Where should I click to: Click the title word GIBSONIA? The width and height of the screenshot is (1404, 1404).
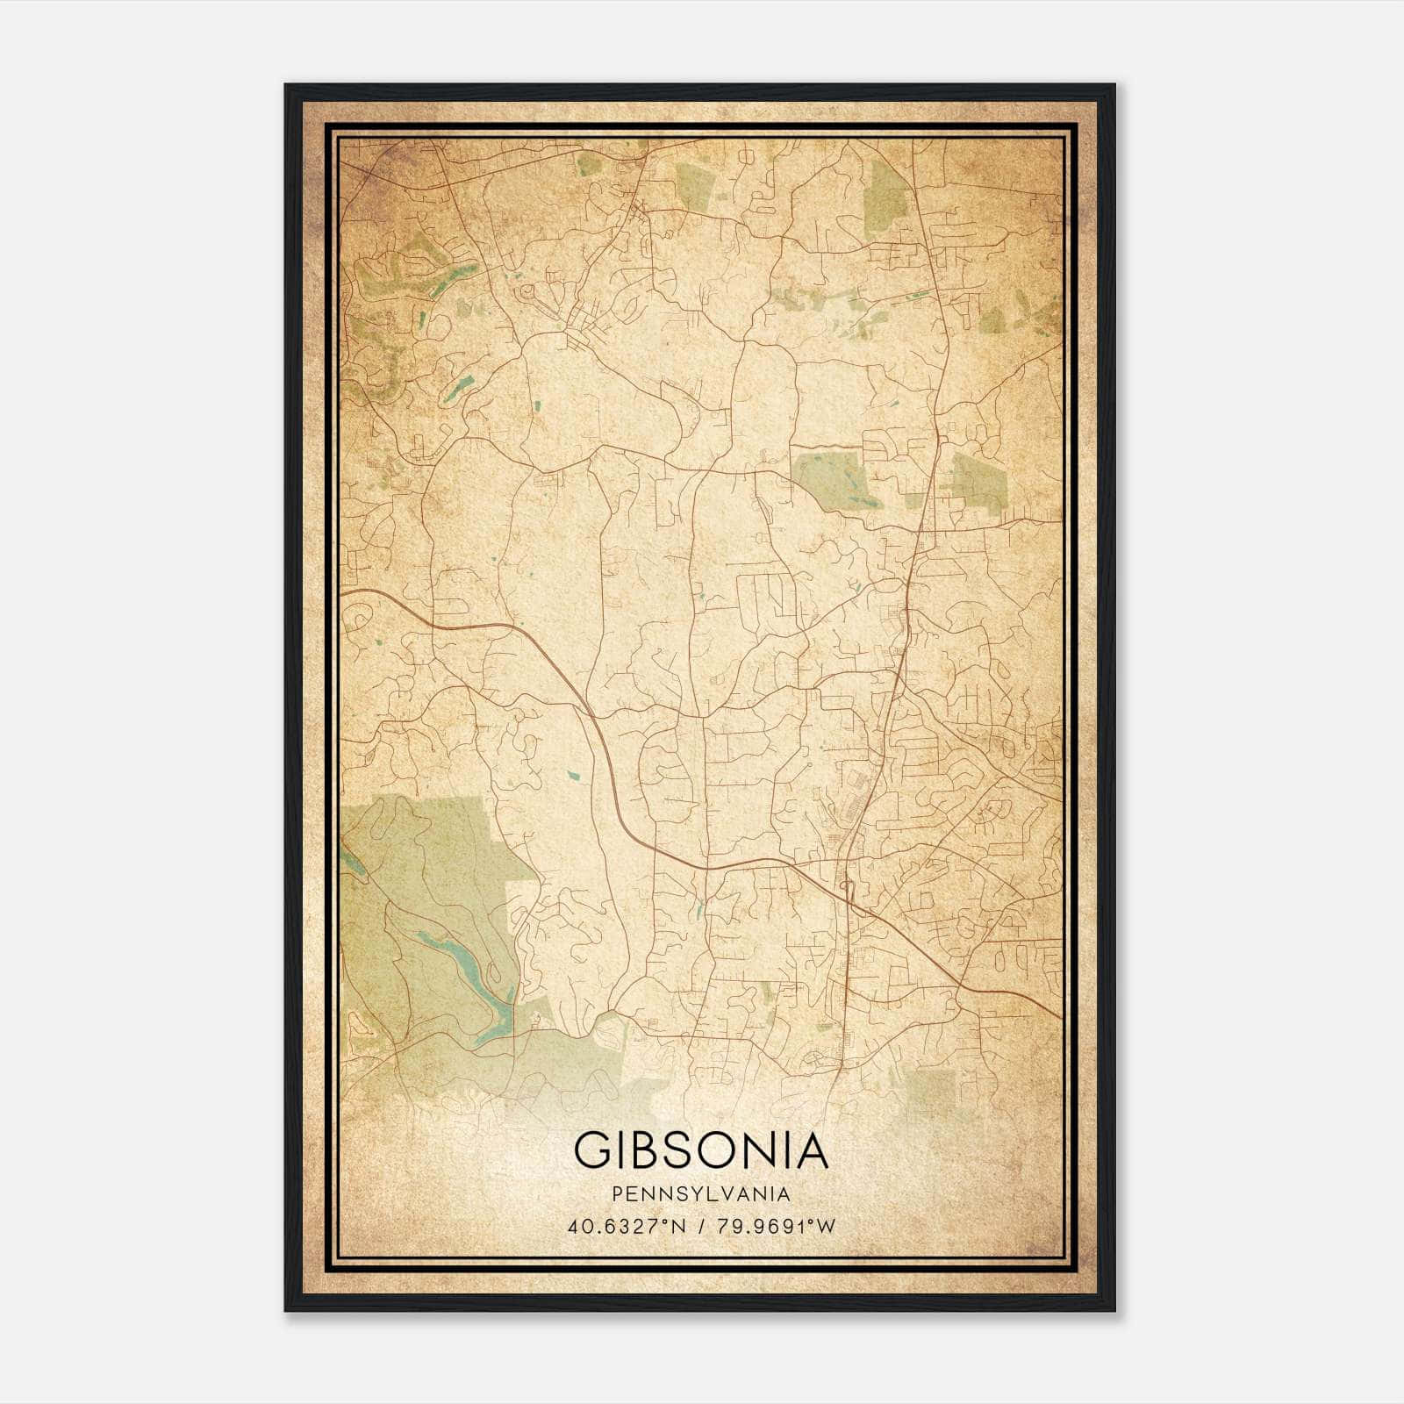coord(701,1150)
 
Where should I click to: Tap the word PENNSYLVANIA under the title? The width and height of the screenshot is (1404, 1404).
coord(701,1194)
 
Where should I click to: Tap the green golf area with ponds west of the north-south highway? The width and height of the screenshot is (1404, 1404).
coord(827,479)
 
